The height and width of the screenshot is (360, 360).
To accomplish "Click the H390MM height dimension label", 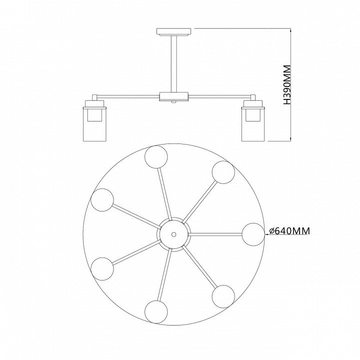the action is (287, 85).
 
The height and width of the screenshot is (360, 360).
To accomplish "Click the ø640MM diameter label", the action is (289, 231).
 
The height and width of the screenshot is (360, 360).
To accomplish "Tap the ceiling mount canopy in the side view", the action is (173, 32).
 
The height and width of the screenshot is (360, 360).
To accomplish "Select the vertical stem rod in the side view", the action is (173, 64).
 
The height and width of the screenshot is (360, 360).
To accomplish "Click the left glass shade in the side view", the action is (95, 120).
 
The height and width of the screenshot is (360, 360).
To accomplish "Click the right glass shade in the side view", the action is (253, 120).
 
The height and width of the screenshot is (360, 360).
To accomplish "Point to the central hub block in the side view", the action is (174, 96).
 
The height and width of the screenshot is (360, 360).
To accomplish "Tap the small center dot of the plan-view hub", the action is (174, 234).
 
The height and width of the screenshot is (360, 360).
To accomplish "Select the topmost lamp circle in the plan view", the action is (156, 157).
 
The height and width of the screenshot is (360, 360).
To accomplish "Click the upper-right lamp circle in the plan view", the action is (223, 172).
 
